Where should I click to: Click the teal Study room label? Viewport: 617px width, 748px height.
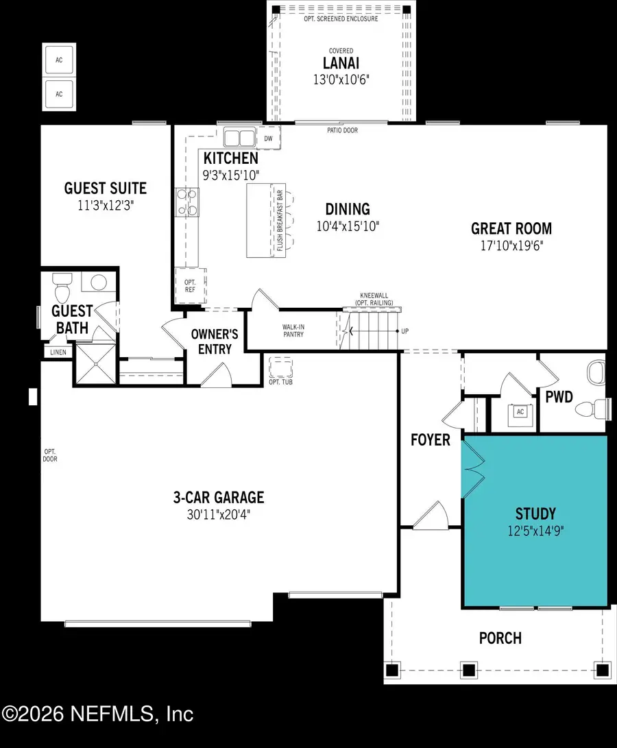coord(535,513)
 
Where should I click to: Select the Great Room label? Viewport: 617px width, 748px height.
coord(511,228)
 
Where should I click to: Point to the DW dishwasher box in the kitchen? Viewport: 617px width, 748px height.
coord(268,138)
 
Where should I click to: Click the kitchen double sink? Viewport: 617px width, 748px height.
coord(238,138)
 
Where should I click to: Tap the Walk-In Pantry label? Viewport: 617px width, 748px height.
coord(293,330)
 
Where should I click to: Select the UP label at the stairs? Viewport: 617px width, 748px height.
coord(404,331)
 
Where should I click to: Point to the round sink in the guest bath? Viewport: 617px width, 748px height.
coord(99,282)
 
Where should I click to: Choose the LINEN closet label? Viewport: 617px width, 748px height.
coord(57,352)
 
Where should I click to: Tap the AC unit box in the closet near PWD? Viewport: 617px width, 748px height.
coord(519,413)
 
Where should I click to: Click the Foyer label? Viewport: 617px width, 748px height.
coord(431,439)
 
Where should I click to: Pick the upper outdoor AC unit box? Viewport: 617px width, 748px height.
coord(59,59)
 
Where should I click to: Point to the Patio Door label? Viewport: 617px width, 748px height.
coord(341,130)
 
